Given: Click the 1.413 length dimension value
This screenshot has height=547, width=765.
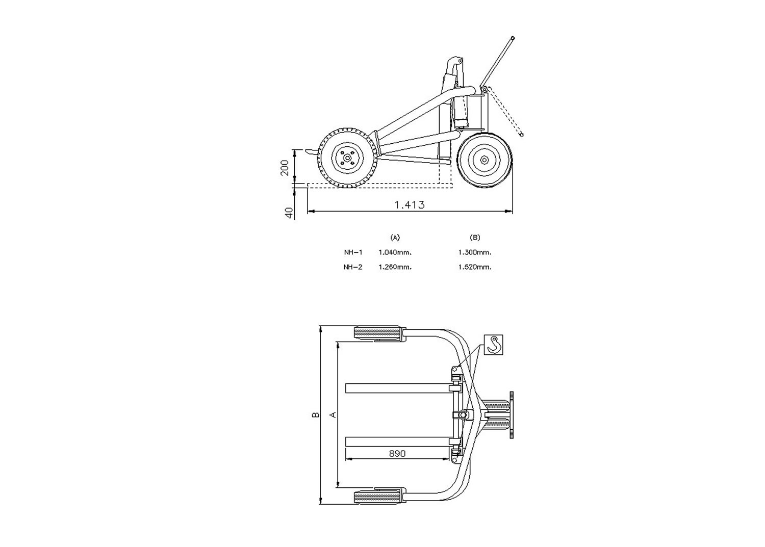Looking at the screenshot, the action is [410, 204].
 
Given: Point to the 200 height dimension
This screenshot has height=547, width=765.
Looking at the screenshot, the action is [285, 167].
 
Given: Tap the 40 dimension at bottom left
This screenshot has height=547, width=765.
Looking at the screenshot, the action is [289, 213].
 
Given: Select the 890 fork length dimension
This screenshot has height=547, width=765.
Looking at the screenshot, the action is [397, 453].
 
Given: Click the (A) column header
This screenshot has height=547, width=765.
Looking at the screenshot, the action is [395, 237].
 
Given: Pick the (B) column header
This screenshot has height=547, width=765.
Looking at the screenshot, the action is [475, 237].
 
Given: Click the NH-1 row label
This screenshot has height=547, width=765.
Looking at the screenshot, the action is [353, 252].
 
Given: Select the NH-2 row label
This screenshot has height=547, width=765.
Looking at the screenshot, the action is [353, 267].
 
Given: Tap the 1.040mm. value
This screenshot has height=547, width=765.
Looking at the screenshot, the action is [395, 252].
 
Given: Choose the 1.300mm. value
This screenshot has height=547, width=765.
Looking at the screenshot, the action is [475, 252].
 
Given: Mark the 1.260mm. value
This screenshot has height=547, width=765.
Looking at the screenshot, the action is [395, 267].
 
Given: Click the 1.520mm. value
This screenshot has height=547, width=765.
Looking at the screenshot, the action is [475, 267].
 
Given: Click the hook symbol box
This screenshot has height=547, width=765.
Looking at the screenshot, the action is [494, 345].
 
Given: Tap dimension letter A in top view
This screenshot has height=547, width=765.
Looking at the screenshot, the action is [334, 415].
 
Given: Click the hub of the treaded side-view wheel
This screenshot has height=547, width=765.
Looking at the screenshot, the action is [347, 158].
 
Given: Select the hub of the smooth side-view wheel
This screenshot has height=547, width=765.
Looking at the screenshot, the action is [484, 160].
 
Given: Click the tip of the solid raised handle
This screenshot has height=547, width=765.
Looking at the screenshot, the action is [513, 38].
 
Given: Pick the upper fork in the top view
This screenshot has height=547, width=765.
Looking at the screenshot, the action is [397, 388].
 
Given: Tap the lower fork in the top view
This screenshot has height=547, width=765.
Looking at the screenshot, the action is [397, 441].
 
